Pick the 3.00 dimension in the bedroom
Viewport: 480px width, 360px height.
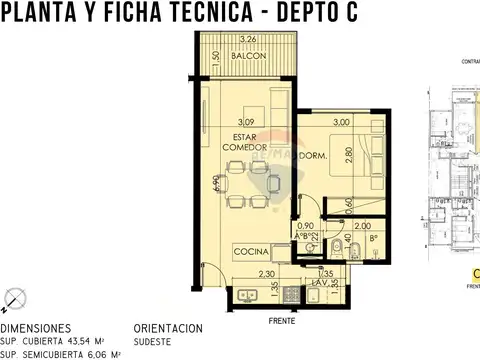[x=342, y=122]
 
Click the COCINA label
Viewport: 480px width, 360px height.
[x=250, y=249]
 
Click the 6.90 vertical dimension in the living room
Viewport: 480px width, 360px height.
[x=215, y=185]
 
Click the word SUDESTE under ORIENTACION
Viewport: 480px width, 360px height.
[x=151, y=340]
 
